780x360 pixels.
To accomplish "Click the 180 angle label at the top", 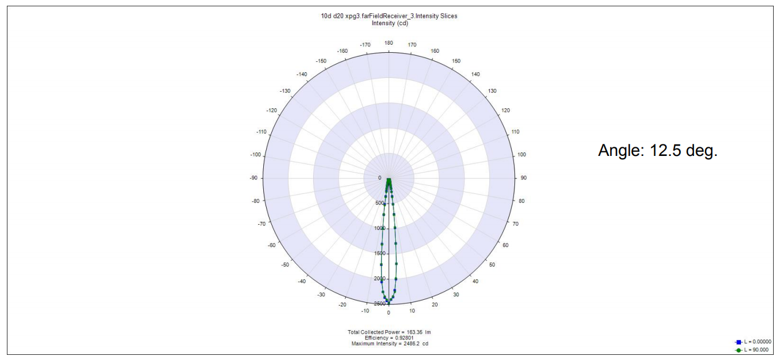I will (x=388, y=43).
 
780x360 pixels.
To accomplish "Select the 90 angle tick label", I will (x=523, y=178).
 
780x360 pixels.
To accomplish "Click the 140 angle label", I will (x=475, y=75).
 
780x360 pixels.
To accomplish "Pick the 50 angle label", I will (x=492, y=265).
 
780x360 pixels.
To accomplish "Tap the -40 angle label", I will (x=302, y=281).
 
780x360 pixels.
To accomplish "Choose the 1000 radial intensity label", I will (x=379, y=228).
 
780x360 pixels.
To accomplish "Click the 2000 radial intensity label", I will (x=379, y=279).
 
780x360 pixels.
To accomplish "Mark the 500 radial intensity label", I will (x=379, y=203).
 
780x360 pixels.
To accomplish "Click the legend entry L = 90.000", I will (x=756, y=349).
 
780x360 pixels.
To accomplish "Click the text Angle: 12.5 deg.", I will (x=658, y=151).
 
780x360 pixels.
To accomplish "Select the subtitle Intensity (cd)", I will (x=390, y=23).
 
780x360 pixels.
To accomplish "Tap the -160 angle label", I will (x=342, y=51).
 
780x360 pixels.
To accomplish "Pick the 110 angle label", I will (x=515, y=132).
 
